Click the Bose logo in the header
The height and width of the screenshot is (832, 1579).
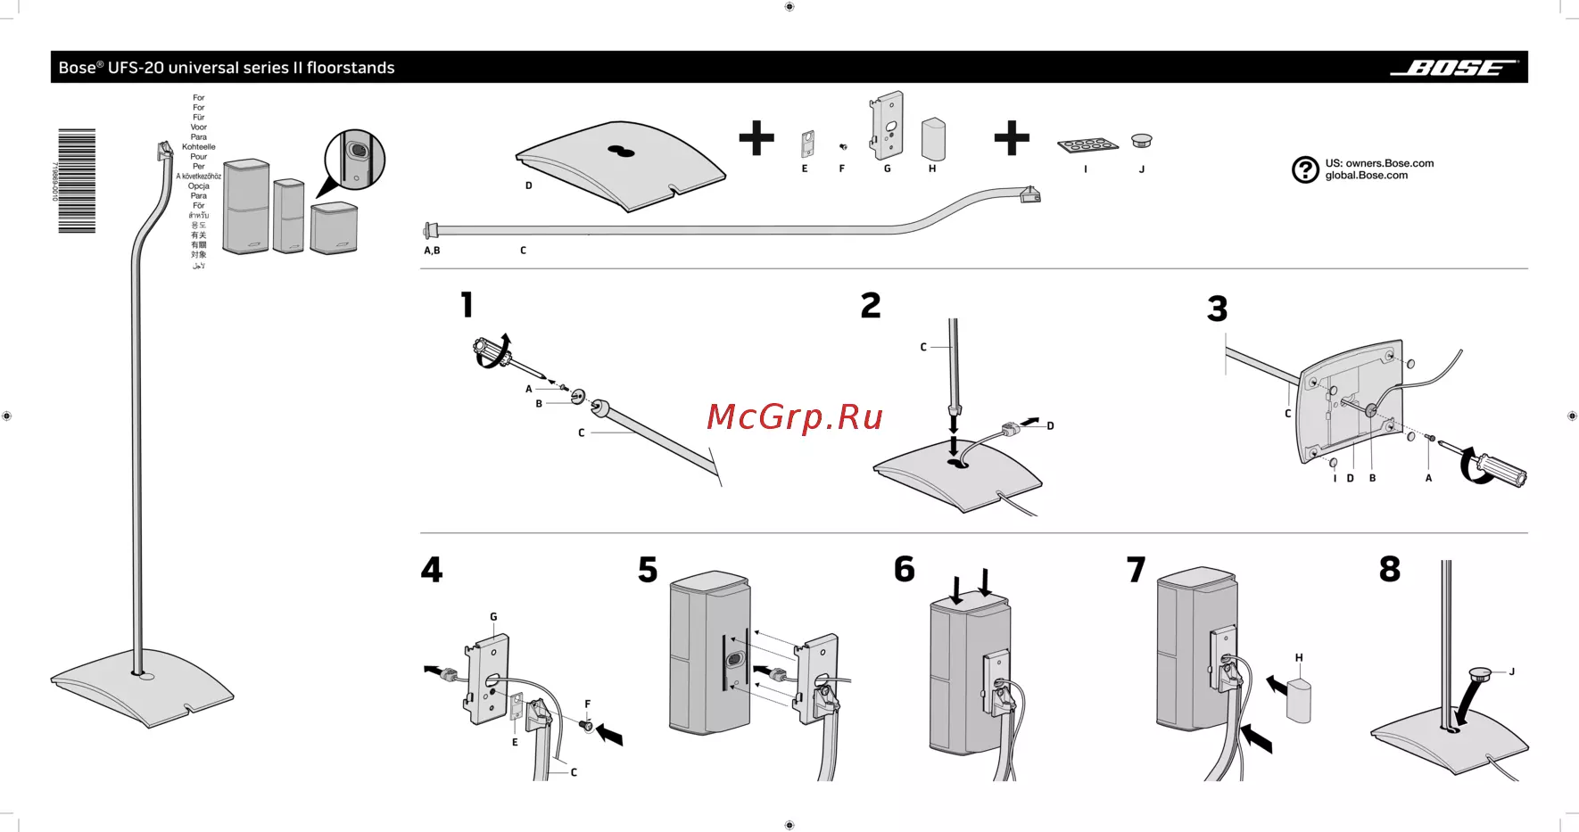tap(1453, 68)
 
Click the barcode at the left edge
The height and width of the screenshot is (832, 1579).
tap(77, 181)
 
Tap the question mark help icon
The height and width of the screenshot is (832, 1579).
tap(1305, 169)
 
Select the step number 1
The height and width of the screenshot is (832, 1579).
tap(467, 305)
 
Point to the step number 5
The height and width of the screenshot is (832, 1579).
tap(648, 570)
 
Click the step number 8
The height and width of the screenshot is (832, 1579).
tap(1389, 569)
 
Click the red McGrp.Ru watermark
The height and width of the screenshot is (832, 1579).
tap(795, 416)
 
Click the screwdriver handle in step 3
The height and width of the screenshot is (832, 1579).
tap(1500, 470)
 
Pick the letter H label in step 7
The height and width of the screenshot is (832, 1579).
tap(1299, 658)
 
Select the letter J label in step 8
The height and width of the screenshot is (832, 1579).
tap(1511, 671)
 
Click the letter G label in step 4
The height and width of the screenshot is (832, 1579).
tap(493, 617)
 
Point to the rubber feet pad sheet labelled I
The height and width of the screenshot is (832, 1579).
tap(1087, 145)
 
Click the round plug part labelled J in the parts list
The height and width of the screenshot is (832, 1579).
tap(1142, 140)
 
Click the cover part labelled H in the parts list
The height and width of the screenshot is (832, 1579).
tap(933, 138)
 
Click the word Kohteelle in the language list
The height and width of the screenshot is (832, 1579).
tap(199, 147)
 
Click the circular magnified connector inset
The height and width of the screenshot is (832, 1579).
tap(355, 160)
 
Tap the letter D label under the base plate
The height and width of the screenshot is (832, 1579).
tap(528, 185)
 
